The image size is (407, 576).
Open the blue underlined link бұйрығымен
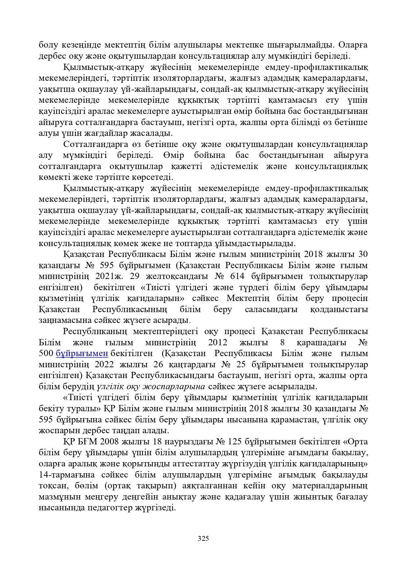pos(82,353)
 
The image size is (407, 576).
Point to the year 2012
pos(218,343)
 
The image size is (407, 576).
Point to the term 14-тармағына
pos(67,475)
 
